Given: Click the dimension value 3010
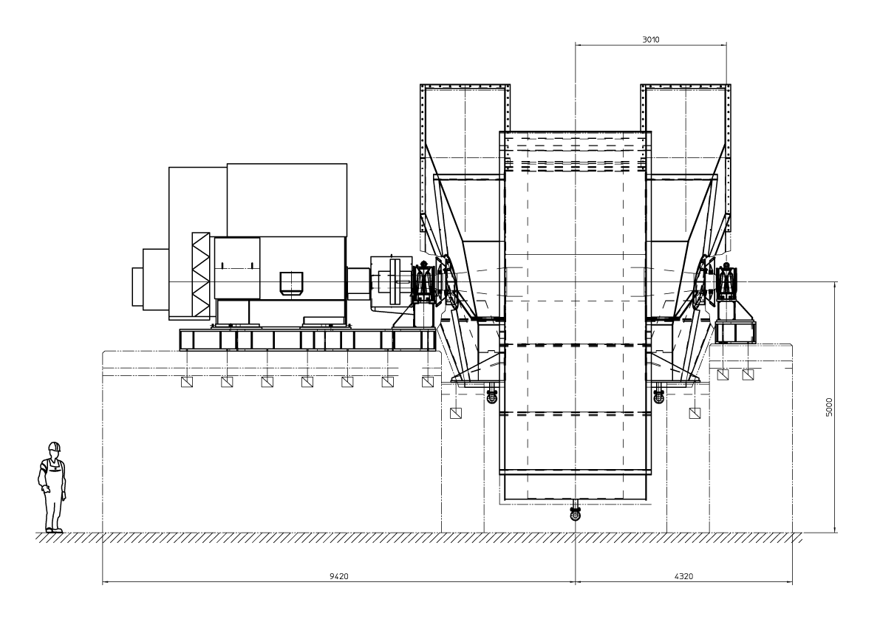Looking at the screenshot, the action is click(650, 40).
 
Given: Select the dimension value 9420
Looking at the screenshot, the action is click(339, 576).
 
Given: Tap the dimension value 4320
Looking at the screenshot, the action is click(683, 576).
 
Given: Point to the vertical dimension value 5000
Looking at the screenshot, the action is click(830, 407).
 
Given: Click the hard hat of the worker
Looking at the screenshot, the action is click(54, 446).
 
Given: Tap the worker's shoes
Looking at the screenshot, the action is click(55, 530).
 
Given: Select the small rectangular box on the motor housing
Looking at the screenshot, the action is click(291, 283).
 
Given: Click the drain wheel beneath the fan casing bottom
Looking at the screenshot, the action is click(576, 513).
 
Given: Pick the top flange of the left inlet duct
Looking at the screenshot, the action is click(465, 86).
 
